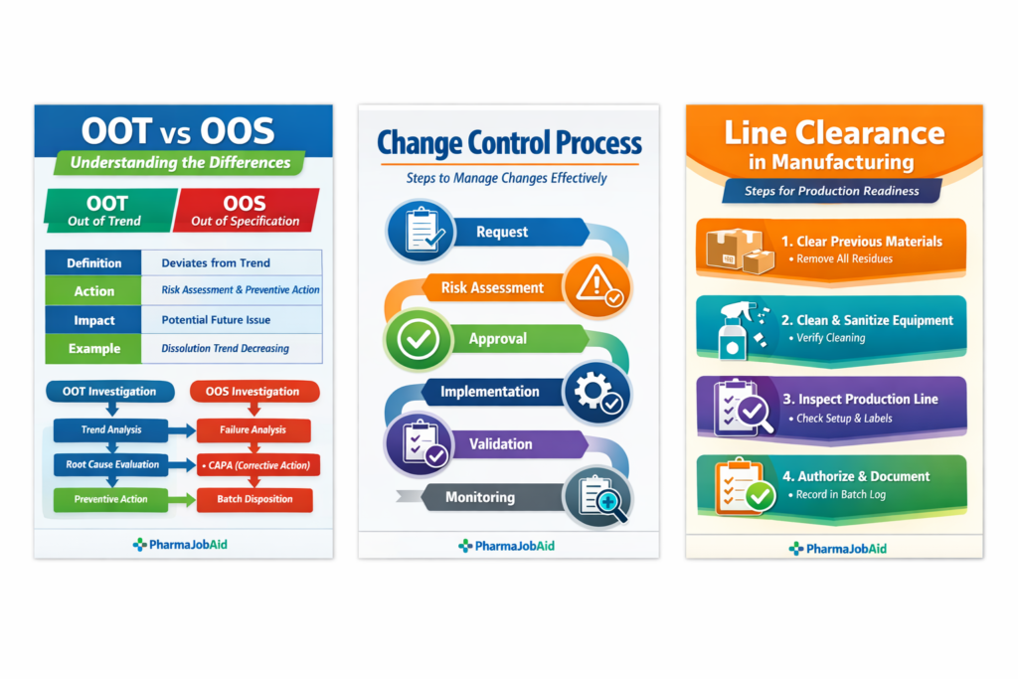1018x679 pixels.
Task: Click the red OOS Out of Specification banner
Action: (x=246, y=210)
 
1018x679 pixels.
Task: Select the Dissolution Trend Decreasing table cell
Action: (x=226, y=349)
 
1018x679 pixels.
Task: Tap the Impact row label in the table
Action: (x=94, y=320)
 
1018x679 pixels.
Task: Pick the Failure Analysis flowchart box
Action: (x=254, y=430)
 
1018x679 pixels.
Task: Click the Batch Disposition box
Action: (x=254, y=499)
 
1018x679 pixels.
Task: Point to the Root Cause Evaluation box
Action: (x=111, y=464)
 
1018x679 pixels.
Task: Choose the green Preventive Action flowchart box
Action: (x=111, y=499)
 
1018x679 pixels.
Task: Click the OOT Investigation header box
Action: (x=111, y=392)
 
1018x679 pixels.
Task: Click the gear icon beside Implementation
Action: (x=595, y=392)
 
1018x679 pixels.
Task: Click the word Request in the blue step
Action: (x=502, y=233)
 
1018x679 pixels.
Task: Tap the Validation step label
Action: (x=500, y=444)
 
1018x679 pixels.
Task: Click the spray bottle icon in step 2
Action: (x=737, y=328)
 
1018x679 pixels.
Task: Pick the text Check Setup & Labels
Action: (x=844, y=419)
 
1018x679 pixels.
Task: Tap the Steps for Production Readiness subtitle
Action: (x=832, y=191)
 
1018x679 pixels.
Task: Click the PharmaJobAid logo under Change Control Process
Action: (x=507, y=546)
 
